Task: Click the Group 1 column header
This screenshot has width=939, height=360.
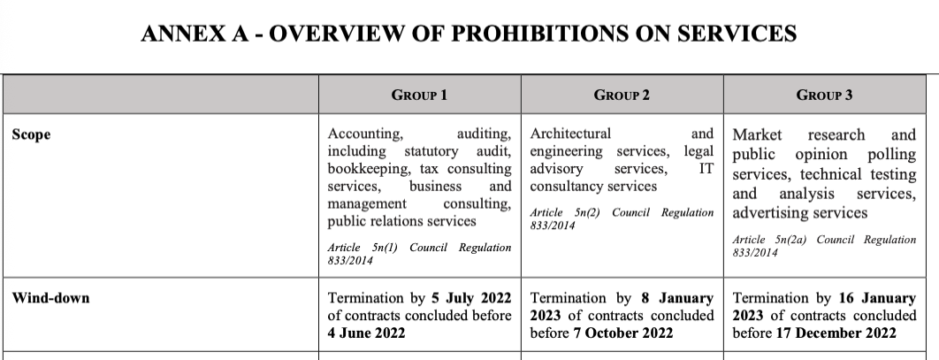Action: click(419, 95)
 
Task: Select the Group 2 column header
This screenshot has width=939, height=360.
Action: click(622, 95)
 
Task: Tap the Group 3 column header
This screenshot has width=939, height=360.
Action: click(824, 95)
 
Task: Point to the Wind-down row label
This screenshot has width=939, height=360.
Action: click(50, 298)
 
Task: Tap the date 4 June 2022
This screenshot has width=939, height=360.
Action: click(366, 333)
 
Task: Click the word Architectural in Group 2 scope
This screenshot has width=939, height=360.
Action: click(570, 134)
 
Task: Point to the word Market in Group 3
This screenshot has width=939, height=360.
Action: click(758, 135)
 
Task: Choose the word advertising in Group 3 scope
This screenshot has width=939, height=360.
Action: click(775, 213)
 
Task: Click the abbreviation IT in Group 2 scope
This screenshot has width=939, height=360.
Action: click(706, 168)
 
